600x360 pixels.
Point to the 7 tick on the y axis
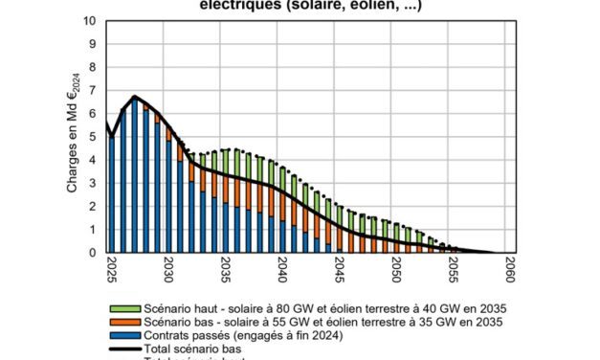91,91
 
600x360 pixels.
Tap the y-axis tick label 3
91,184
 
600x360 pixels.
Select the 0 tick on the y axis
91,254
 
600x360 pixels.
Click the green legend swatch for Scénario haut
123,309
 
